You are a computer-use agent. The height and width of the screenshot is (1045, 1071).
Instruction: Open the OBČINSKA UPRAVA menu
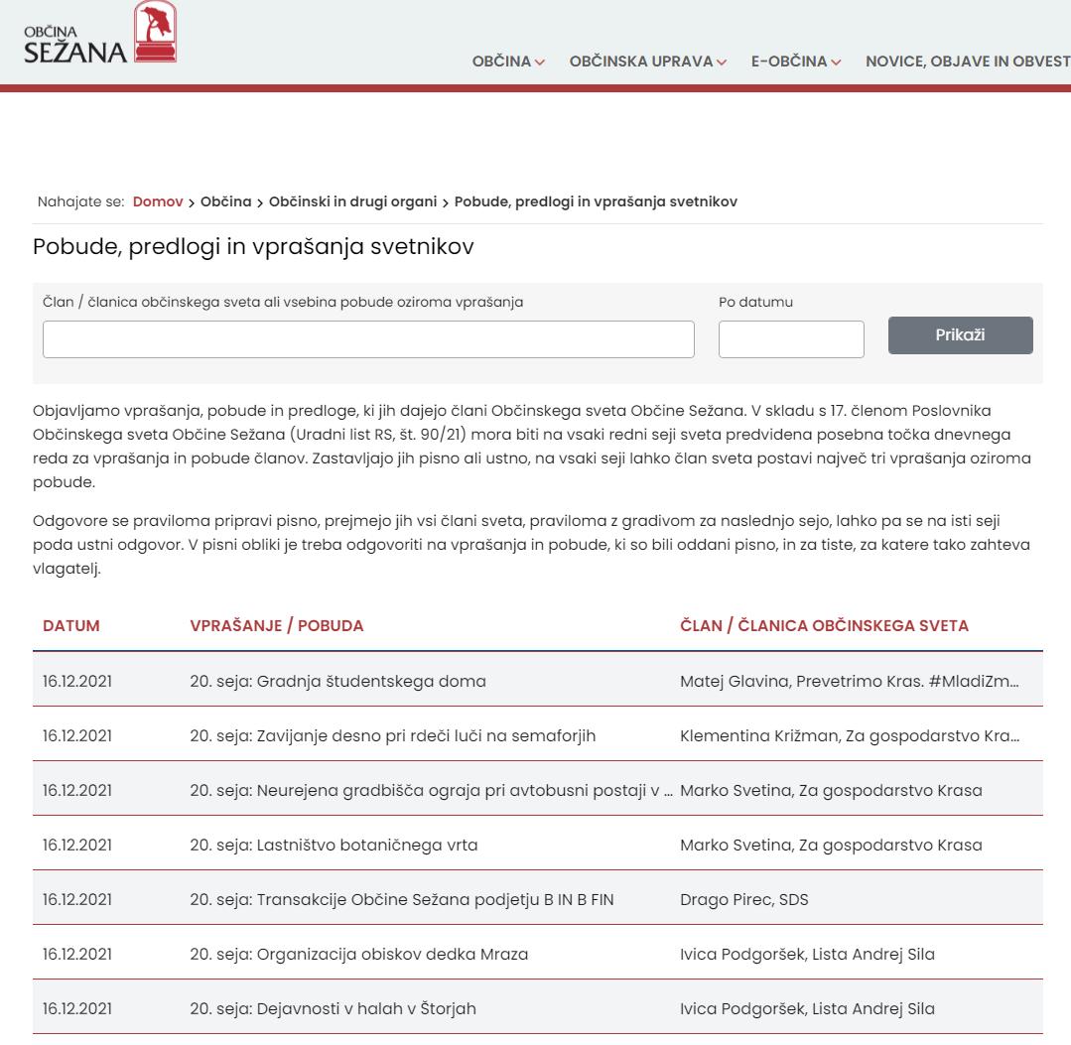pos(647,62)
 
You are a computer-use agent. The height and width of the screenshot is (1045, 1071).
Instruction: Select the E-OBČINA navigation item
pos(795,62)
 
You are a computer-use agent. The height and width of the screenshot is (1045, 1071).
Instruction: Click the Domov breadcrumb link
pos(158,201)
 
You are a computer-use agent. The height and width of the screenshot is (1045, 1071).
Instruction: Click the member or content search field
pos(368,339)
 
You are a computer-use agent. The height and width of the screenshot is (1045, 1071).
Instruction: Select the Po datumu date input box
pos(791,339)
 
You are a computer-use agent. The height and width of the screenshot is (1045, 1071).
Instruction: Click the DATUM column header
pos(71,626)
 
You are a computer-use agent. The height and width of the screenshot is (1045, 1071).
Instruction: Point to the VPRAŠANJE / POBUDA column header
pos(277,626)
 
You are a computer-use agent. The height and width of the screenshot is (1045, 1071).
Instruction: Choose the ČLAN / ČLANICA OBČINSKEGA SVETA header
pos(824,626)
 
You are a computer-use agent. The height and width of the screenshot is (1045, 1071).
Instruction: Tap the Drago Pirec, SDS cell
pos(743,900)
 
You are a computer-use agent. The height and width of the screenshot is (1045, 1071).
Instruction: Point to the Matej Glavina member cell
pos(849,682)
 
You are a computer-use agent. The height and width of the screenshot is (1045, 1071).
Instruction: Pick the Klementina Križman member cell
pos(849,736)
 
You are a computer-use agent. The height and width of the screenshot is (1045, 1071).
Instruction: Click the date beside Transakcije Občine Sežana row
pos(77,900)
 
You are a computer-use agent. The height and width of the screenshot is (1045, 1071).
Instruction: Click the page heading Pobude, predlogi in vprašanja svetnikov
pos(253,247)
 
